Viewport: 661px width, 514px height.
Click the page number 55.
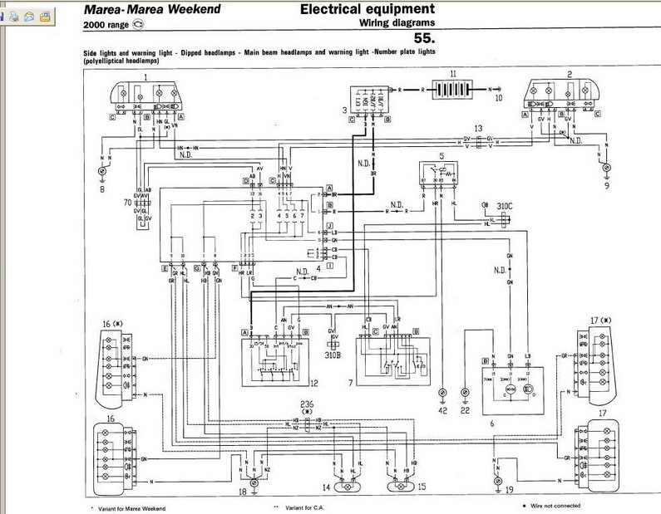point(424,39)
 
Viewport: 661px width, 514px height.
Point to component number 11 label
point(452,75)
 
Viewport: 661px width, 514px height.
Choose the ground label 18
point(243,492)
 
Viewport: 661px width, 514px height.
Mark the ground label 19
point(508,491)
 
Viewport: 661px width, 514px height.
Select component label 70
point(127,202)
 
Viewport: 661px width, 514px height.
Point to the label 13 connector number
point(478,129)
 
